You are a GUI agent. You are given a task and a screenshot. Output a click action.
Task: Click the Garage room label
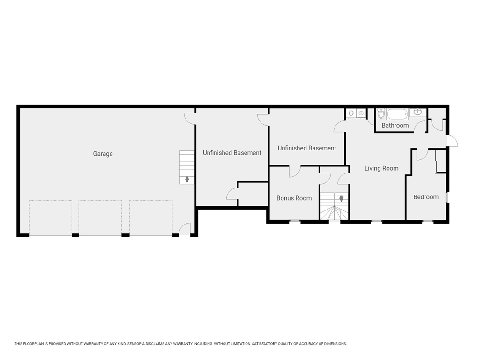(x=103, y=154)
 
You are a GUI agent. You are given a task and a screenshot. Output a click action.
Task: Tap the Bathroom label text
(x=395, y=125)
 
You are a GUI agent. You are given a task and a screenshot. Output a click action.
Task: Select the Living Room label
(x=381, y=168)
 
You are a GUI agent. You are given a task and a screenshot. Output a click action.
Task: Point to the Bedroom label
(x=425, y=197)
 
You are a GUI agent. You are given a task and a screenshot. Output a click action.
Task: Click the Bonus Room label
(x=294, y=198)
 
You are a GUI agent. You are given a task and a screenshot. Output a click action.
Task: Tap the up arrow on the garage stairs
(x=187, y=179)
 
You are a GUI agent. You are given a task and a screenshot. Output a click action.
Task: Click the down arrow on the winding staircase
(x=341, y=198)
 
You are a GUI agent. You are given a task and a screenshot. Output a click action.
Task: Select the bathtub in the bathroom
(x=397, y=114)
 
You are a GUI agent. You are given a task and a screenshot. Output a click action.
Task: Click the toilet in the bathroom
(x=381, y=113)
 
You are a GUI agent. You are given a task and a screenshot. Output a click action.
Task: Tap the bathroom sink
(x=417, y=112)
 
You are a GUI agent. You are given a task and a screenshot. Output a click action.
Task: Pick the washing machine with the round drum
(x=361, y=113)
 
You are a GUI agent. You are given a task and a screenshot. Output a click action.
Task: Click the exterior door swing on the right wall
(x=452, y=141)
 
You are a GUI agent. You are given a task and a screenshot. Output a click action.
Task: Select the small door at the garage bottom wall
(x=185, y=229)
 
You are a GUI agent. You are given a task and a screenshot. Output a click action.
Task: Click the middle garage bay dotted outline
(x=100, y=217)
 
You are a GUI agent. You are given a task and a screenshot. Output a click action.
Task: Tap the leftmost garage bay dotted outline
(x=50, y=217)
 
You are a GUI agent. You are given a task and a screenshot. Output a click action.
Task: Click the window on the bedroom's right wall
(x=447, y=197)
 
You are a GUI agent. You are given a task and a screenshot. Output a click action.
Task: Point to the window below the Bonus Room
(x=294, y=221)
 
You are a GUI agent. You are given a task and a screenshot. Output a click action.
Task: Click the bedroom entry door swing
(x=422, y=154)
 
